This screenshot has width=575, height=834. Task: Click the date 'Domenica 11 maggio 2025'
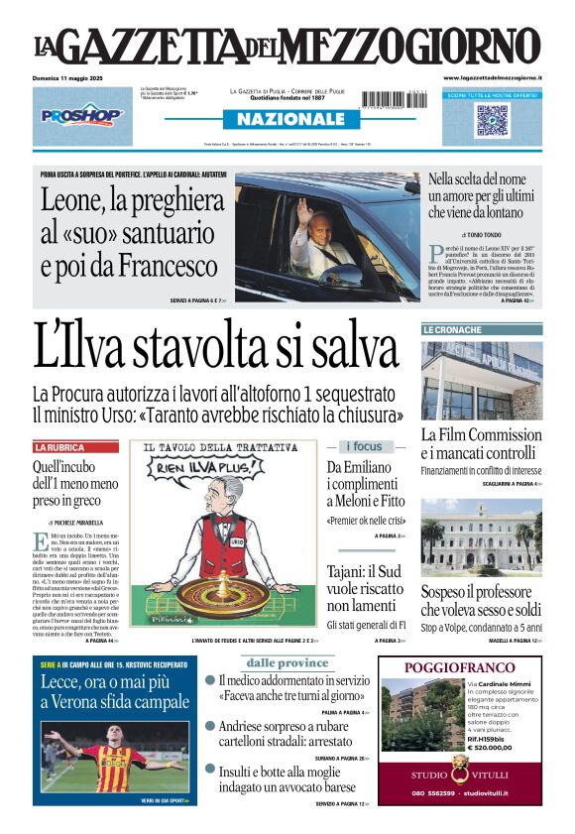(72, 77)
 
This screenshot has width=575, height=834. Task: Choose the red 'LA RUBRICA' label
(60, 447)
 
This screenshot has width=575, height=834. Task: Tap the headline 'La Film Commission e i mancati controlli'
(481, 444)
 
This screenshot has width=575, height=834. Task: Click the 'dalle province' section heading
(287, 662)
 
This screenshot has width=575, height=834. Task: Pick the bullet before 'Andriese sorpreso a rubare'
(210, 726)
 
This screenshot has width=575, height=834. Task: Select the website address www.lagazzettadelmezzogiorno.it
(493, 77)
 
